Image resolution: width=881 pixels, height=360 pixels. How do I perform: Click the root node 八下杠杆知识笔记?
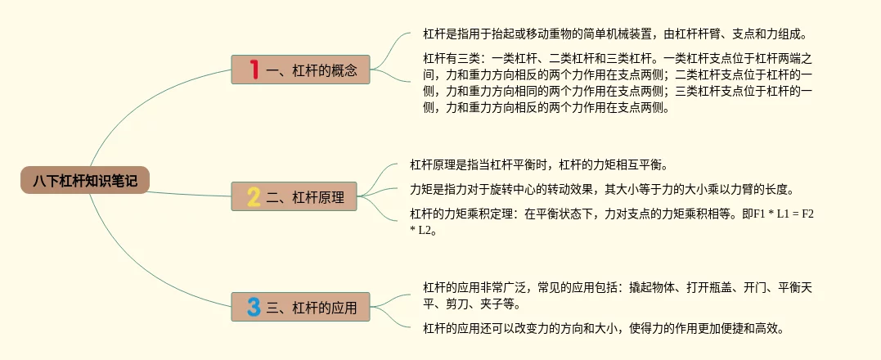(x=85, y=181)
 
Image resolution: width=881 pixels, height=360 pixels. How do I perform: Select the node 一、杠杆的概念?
(x=300, y=70)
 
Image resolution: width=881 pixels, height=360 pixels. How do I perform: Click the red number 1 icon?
(x=254, y=70)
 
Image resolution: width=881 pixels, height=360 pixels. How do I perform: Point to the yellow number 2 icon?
(x=253, y=196)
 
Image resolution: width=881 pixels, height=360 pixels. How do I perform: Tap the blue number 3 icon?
(x=254, y=307)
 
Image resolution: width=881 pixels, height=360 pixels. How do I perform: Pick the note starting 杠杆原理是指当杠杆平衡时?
(x=539, y=165)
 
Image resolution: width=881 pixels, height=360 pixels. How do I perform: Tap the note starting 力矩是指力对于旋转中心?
(x=601, y=189)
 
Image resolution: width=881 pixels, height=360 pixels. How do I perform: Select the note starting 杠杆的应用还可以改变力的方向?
(x=604, y=329)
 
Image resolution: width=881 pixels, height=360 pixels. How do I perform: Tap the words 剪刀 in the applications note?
(x=461, y=304)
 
